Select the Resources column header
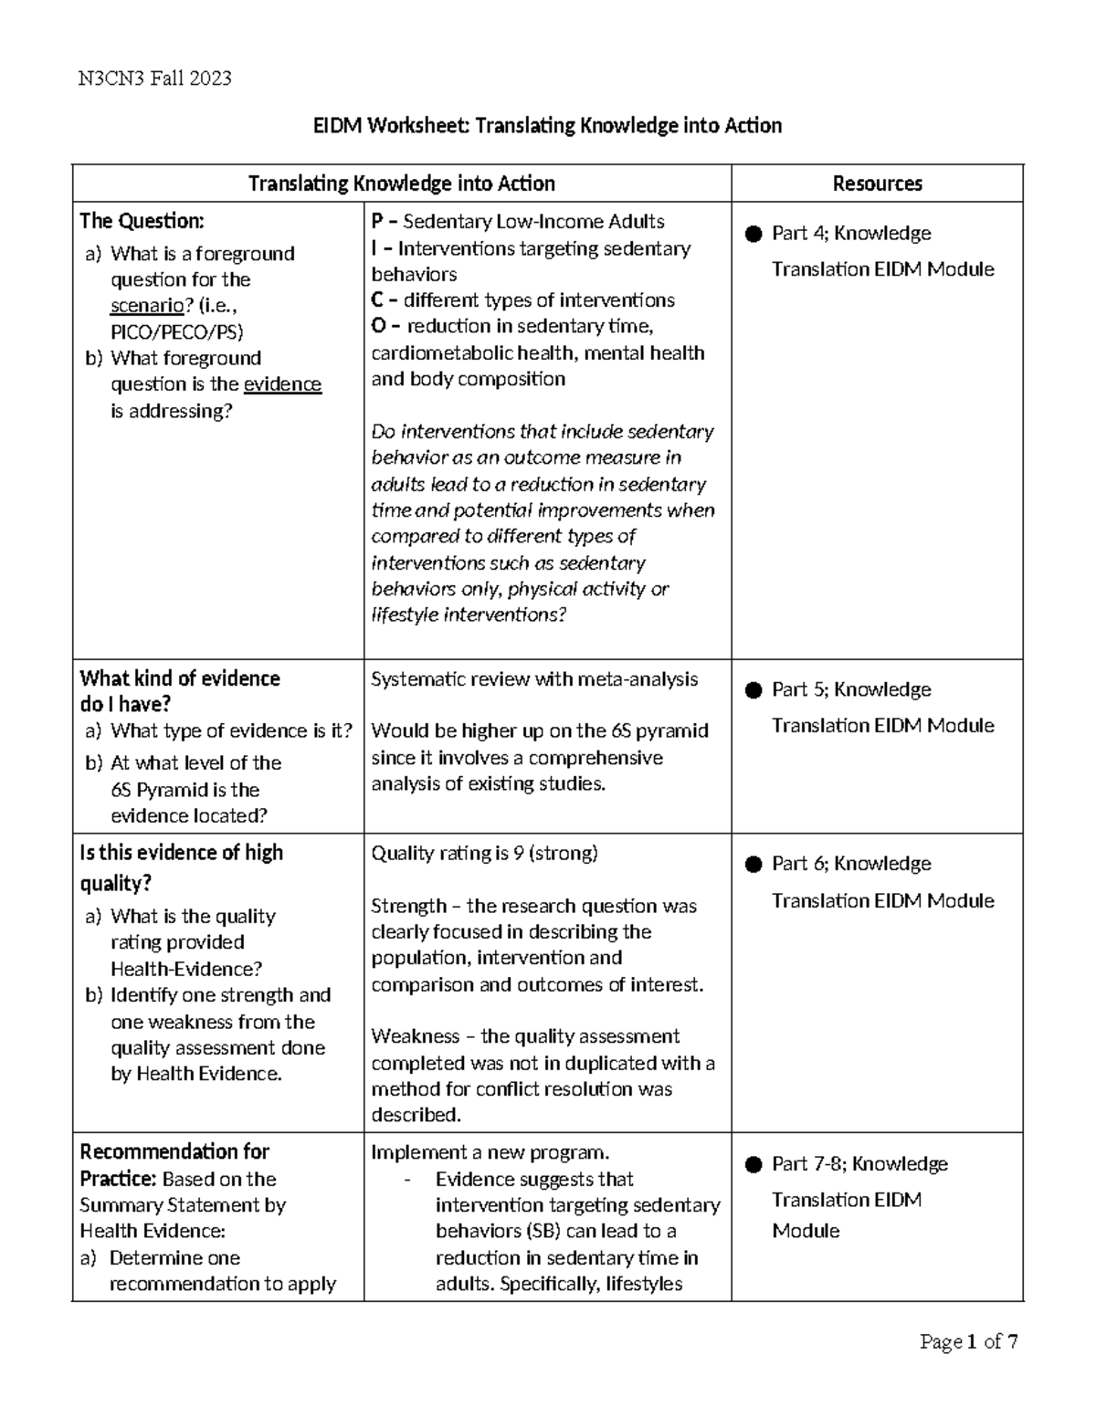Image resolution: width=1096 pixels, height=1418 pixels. coord(877,184)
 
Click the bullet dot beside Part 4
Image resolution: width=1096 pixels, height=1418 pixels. coord(753,234)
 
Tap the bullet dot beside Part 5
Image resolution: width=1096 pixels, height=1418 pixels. coord(753,690)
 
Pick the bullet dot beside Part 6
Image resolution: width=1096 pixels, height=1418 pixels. coord(753,864)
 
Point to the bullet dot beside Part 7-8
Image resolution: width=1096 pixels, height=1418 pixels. coord(753,1164)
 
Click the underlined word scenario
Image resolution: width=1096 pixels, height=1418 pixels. coord(146,306)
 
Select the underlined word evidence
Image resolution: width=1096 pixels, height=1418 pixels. coord(282,384)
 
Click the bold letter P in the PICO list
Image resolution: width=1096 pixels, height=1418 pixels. coord(377,222)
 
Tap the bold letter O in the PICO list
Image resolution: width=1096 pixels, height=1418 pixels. coord(378,326)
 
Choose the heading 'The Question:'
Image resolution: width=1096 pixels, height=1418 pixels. coord(142,221)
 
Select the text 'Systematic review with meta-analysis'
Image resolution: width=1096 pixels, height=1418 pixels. coord(534,679)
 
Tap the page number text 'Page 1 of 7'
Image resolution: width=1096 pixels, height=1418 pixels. coord(968,1341)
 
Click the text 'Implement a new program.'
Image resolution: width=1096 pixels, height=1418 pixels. coord(490,1152)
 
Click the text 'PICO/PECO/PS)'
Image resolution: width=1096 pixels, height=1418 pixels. coord(177,331)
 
